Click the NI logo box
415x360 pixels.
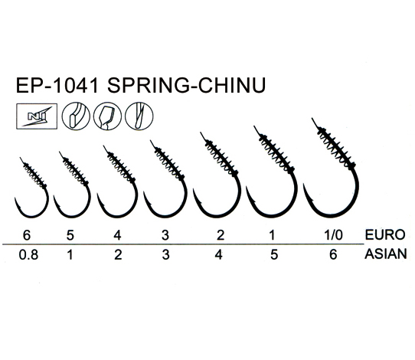click(37, 116)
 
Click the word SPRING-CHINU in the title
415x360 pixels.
click(186, 85)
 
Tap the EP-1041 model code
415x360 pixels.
click(57, 85)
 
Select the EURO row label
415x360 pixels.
click(385, 234)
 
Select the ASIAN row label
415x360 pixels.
click(386, 254)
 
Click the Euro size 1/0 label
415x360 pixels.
click(334, 235)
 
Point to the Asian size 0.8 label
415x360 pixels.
click(28, 254)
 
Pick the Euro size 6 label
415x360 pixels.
click(27, 235)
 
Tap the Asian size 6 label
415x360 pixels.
click(333, 254)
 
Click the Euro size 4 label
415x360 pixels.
click(117, 235)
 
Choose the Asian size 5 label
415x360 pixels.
click(274, 254)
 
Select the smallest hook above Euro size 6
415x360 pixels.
click(47, 198)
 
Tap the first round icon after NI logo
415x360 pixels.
click(76, 116)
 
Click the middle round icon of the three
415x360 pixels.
click(107, 116)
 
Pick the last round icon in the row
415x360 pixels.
click(139, 116)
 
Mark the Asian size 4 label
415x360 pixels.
click(219, 254)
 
